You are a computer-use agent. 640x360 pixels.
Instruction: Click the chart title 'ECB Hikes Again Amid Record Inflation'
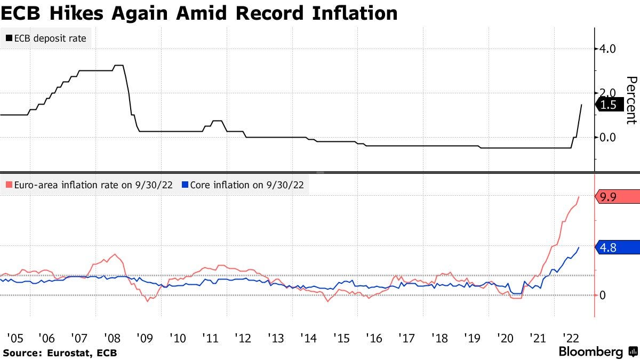point(199,13)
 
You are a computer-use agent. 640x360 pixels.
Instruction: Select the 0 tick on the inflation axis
point(603,295)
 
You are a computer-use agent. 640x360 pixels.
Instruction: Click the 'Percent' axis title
point(631,100)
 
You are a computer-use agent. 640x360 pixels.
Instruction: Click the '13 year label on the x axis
point(275,338)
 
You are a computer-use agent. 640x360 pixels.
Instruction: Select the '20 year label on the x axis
point(504,338)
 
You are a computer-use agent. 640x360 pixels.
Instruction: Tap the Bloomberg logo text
point(590,352)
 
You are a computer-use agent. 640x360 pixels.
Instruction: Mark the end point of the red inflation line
point(579,197)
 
